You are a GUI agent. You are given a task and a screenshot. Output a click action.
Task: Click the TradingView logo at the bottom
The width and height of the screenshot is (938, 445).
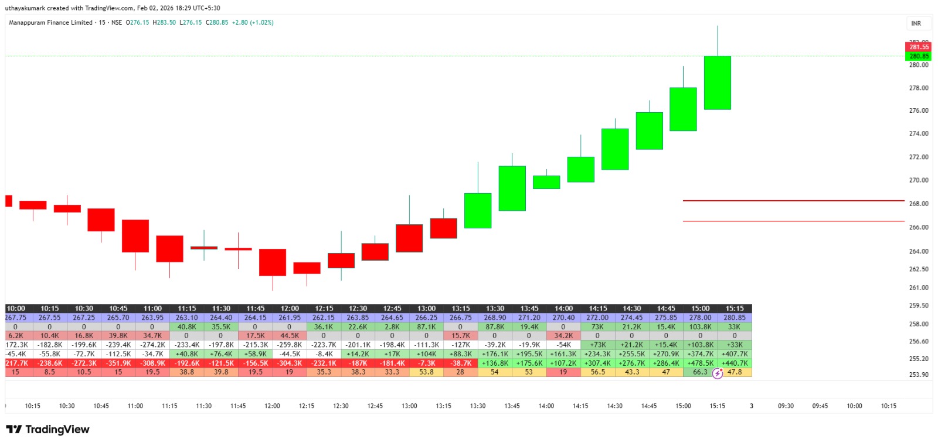(x=48, y=430)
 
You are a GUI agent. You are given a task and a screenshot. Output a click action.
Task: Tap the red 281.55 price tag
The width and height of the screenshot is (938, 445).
(x=919, y=47)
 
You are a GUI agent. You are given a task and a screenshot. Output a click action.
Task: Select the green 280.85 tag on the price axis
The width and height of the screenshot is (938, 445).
(x=919, y=56)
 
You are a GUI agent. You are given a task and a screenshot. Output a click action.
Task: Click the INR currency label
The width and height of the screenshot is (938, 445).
(x=916, y=23)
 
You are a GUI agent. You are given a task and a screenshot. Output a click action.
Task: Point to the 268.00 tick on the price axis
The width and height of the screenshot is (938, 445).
(x=918, y=204)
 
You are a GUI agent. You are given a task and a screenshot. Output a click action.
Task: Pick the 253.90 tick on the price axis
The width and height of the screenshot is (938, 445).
(x=918, y=375)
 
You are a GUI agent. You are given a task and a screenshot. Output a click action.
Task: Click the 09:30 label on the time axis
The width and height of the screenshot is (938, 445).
(x=786, y=406)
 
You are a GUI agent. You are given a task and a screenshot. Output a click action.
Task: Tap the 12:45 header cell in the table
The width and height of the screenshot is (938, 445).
(x=392, y=308)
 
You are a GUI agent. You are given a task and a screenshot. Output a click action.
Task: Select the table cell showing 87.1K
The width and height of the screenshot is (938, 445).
(x=426, y=327)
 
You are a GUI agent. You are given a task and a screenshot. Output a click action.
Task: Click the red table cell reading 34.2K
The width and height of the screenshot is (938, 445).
(x=563, y=336)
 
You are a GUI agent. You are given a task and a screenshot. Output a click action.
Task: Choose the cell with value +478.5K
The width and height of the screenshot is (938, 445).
(x=700, y=363)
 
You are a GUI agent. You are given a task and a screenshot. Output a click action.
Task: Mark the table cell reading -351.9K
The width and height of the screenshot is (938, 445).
(x=118, y=363)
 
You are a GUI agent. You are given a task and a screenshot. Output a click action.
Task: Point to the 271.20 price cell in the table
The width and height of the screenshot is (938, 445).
(x=529, y=318)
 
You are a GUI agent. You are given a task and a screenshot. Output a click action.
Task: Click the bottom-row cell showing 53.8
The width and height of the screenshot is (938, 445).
(x=426, y=372)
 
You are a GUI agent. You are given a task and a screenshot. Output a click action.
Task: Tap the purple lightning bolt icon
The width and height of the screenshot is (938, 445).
(x=718, y=373)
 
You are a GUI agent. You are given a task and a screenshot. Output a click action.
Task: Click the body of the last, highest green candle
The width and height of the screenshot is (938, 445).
(x=717, y=83)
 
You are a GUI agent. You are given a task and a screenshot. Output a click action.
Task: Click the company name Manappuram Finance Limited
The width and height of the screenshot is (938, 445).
(x=50, y=22)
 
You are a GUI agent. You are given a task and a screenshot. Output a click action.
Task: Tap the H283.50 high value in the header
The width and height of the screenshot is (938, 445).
(x=164, y=22)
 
